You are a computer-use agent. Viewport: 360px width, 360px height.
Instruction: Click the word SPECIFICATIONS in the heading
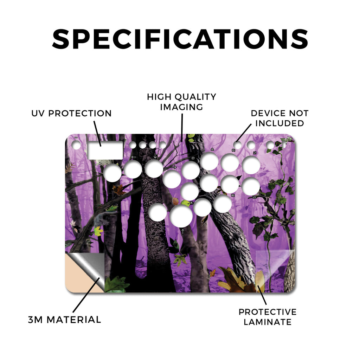coord(180,39)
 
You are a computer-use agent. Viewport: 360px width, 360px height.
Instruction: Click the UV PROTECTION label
coord(71,114)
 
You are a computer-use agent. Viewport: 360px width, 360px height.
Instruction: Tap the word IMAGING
coord(182,107)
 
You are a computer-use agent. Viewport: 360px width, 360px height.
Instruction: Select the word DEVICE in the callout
coord(268,113)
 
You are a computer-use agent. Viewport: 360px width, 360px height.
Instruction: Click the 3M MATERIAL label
coord(65,320)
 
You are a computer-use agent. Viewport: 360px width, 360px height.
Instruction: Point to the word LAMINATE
coord(268,322)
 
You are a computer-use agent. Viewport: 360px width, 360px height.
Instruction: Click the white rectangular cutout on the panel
coord(105,150)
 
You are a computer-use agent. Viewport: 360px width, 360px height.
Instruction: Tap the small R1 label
coord(233,150)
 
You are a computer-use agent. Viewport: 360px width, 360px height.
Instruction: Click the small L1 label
coord(255,153)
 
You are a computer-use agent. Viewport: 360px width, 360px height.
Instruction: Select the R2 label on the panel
coord(233,195)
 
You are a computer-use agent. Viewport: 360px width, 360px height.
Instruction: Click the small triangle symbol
coord(212,149)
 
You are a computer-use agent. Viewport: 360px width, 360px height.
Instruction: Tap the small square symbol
coord(193,158)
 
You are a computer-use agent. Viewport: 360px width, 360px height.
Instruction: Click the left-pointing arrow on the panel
coord(134,157)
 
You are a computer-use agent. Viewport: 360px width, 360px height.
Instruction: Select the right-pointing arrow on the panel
coord(174,167)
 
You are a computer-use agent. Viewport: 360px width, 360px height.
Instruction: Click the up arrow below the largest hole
coord(183,231)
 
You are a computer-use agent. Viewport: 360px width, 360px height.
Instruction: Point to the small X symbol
coord(192,202)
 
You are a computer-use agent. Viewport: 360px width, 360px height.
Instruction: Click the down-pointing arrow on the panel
coord(155,156)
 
